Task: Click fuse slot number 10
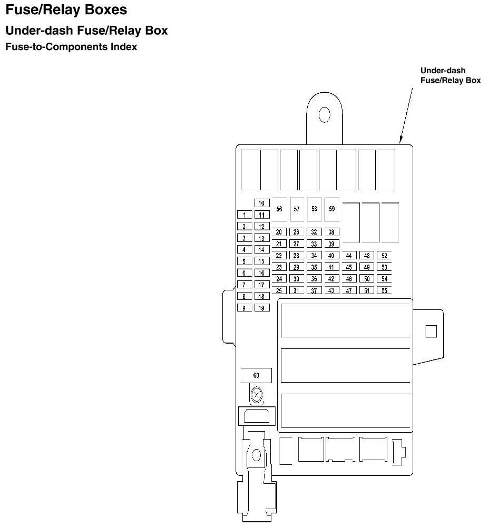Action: click(261, 203)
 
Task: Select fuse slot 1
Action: click(244, 215)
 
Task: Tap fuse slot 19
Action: click(261, 308)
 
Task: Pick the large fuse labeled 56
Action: click(279, 209)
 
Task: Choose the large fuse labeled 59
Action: click(331, 209)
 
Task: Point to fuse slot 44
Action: click(348, 256)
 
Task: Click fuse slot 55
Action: click(384, 290)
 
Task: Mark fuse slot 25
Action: click(279, 290)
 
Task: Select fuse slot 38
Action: click(331, 232)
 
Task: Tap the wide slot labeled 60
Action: click(256, 375)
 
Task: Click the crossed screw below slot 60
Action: click(257, 394)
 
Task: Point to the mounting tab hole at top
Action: click(324, 114)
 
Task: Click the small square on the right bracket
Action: click(431, 331)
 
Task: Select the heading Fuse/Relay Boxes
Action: click(66, 10)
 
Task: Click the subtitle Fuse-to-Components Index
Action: click(71, 47)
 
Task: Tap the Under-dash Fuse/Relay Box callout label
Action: click(450, 75)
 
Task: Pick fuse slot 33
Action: click(314, 244)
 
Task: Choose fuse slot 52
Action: click(384, 256)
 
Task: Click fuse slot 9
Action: click(244, 308)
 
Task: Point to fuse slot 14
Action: click(261, 250)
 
